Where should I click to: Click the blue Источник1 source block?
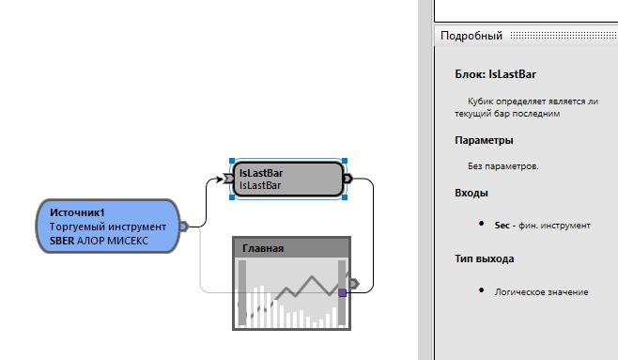[108, 226]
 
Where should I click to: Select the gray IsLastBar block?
[288, 179]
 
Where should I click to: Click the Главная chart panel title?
[263, 248]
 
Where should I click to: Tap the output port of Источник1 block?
[184, 227]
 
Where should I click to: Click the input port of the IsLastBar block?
[228, 179]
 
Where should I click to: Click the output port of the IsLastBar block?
[348, 179]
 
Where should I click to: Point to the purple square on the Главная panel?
[343, 292]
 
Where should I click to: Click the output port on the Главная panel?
[354, 284]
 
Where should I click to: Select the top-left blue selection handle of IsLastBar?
[232, 161]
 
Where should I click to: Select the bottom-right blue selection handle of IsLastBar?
[345, 196]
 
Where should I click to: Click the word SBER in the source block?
[62, 241]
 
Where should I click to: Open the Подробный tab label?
[471, 36]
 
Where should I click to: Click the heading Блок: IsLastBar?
[495, 74]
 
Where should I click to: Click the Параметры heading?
[484, 140]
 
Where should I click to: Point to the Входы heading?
[471, 193]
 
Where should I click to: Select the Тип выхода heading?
[485, 258]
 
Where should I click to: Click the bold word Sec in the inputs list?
[502, 226]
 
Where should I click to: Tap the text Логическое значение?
[542, 292]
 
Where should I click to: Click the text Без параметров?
[503, 166]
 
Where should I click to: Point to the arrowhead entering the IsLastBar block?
[220, 179]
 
